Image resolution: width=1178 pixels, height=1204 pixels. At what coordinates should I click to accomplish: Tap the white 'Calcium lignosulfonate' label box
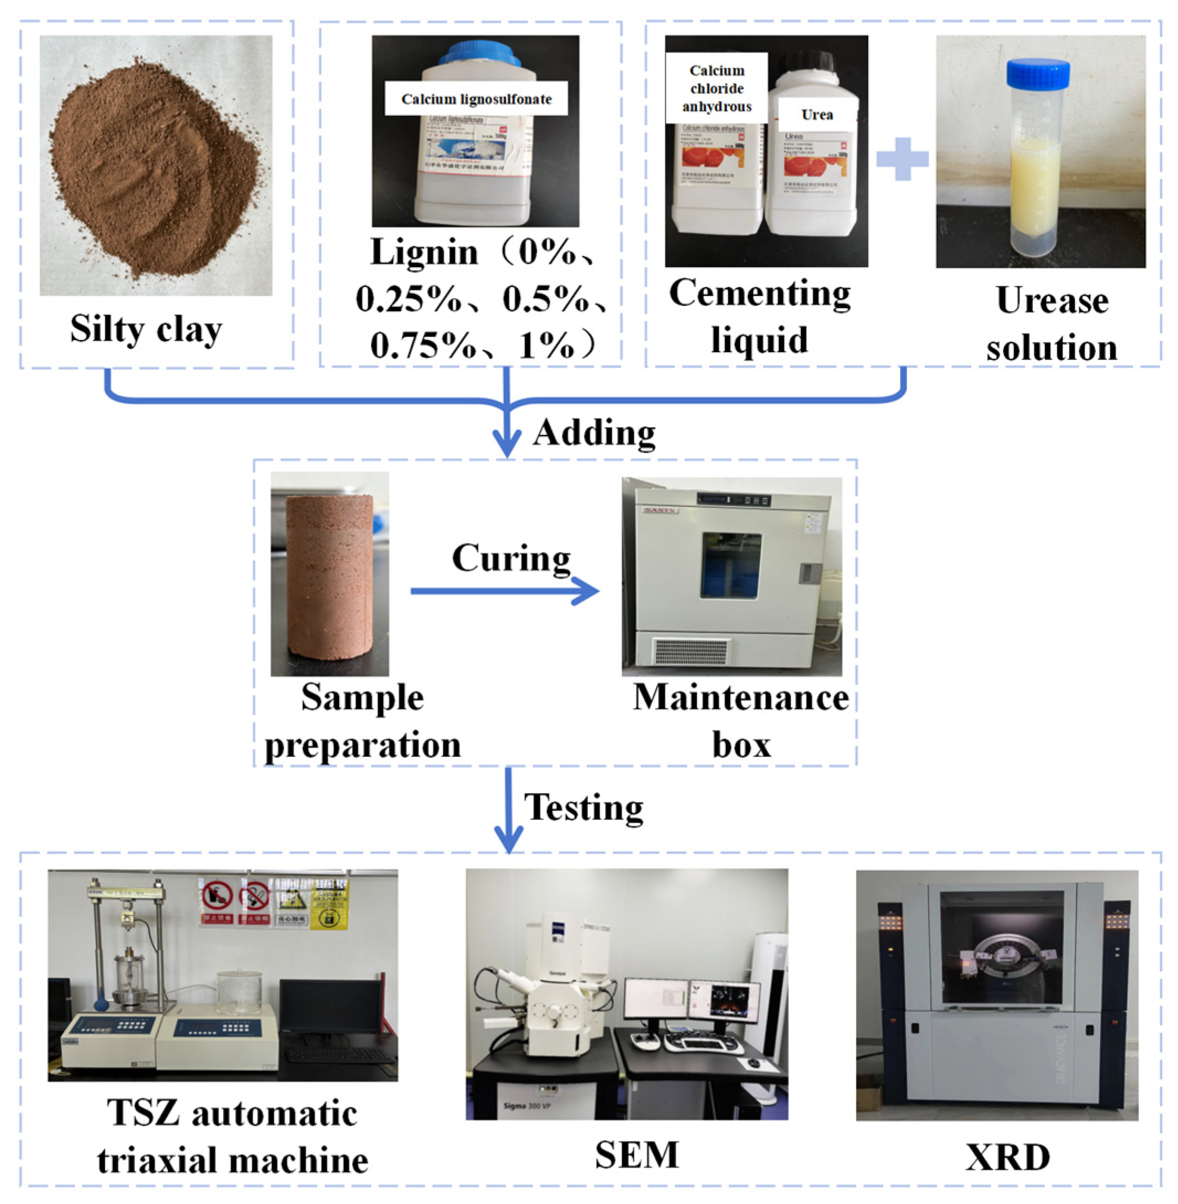(476, 99)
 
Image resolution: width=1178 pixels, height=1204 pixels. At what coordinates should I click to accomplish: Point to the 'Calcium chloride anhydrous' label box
(717, 88)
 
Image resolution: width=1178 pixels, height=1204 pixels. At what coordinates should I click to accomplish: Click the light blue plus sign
(902, 159)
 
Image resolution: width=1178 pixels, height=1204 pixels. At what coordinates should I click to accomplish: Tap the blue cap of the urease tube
(1038, 73)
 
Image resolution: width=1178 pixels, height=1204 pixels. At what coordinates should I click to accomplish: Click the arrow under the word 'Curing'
(504, 591)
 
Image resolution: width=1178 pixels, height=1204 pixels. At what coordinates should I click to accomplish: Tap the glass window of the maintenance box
(730, 565)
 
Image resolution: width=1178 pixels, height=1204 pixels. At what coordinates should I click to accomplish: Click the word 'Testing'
(583, 808)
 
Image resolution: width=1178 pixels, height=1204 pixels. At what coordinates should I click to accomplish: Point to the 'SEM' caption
(636, 1154)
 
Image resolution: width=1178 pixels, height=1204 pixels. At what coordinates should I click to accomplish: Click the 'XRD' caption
(1007, 1157)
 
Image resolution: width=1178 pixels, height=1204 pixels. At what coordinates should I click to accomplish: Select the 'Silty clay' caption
(146, 328)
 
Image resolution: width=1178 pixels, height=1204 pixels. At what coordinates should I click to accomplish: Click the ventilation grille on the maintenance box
(691, 651)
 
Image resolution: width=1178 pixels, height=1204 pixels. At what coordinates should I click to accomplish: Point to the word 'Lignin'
(424, 252)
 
